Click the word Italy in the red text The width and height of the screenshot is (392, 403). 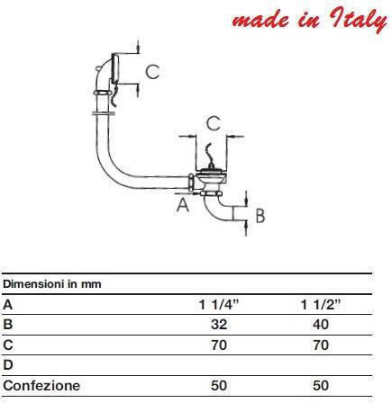(359, 19)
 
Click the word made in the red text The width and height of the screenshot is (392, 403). (260, 21)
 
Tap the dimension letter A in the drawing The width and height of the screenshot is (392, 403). (183, 205)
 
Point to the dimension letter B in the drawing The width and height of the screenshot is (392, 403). (260, 216)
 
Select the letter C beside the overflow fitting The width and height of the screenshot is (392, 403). (152, 72)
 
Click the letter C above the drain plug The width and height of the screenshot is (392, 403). (214, 123)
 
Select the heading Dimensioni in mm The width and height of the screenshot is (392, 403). (52, 283)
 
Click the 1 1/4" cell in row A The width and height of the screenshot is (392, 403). (219, 305)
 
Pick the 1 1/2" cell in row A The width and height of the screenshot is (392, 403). (321, 305)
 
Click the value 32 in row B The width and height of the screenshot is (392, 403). (219, 325)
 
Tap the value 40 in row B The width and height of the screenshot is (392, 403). (321, 325)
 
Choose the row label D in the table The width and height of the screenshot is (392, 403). (8, 364)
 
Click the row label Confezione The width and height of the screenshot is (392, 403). (41, 385)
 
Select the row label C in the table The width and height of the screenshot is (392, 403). (8, 345)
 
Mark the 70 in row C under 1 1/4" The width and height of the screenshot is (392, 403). (219, 345)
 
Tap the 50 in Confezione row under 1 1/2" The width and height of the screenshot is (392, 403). (321, 385)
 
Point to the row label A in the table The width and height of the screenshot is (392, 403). (8, 305)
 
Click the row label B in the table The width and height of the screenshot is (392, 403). (8, 325)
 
